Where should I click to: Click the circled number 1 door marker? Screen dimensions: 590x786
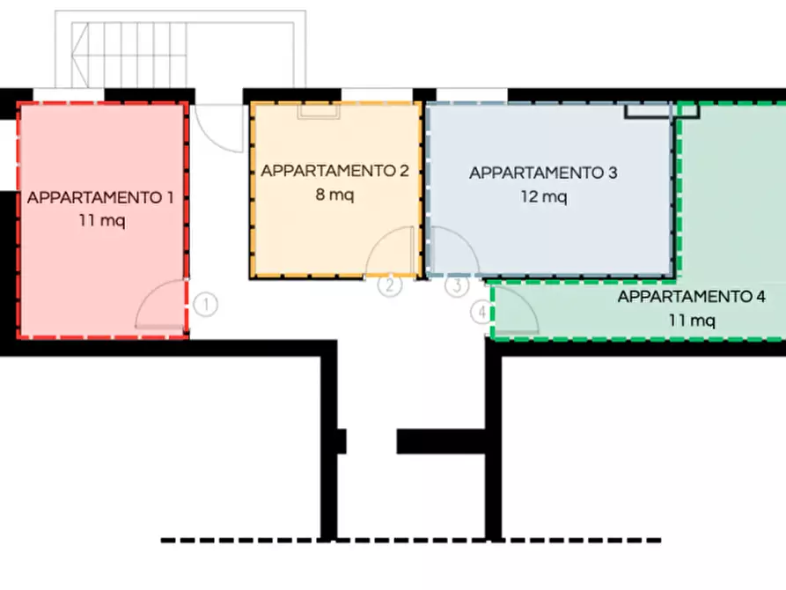click(205, 306)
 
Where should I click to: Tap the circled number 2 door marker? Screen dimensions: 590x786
click(390, 285)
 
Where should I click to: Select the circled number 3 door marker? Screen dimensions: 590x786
click(456, 285)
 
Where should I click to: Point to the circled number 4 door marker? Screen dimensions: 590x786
click(481, 312)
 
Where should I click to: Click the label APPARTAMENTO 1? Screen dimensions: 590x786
click(99, 197)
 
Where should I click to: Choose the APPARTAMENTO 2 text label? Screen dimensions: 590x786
click(334, 171)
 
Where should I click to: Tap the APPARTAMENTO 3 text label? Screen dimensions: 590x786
click(543, 173)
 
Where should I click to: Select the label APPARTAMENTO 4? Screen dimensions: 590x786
click(691, 297)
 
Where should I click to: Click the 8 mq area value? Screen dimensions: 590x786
click(334, 195)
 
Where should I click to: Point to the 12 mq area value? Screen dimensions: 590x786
click(543, 197)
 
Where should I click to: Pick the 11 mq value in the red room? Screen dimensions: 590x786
click(101, 220)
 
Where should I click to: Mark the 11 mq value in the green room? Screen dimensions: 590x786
click(691, 321)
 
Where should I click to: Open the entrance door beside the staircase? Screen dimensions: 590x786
click(217, 128)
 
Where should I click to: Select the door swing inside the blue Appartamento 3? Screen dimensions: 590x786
click(452, 251)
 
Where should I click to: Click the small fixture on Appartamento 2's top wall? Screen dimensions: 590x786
click(318, 110)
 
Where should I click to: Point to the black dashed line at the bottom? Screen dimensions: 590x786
click(411, 540)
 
